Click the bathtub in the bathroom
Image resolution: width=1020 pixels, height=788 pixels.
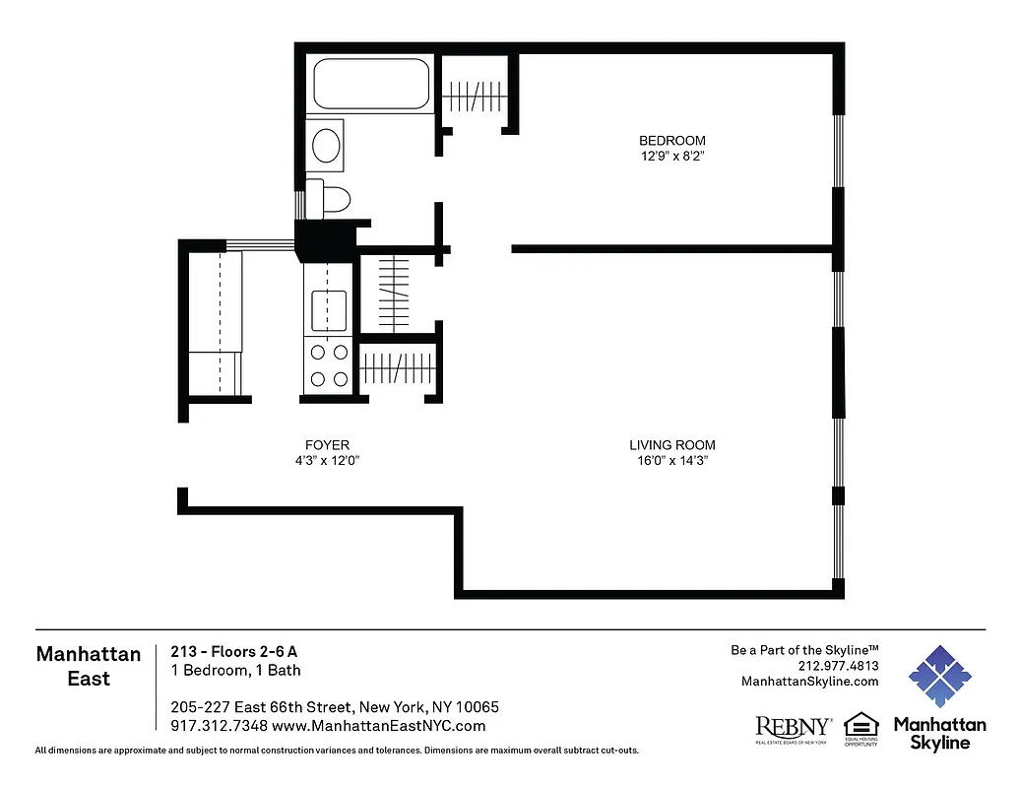point(371,85)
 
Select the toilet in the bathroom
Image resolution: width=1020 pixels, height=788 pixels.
point(330,199)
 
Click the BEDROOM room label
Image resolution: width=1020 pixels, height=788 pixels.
point(671,141)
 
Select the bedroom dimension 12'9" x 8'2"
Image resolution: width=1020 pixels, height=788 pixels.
point(671,156)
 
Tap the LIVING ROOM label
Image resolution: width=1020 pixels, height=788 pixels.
point(672,445)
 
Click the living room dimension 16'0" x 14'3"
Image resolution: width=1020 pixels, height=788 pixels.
point(672,460)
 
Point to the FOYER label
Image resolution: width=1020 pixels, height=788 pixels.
point(328,445)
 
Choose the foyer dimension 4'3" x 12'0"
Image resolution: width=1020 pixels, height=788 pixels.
point(328,460)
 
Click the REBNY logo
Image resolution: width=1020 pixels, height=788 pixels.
point(793,729)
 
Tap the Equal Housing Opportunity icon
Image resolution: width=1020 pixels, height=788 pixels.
point(861,729)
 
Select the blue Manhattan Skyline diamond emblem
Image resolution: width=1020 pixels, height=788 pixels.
point(939,677)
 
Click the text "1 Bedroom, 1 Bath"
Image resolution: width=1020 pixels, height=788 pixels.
point(235,671)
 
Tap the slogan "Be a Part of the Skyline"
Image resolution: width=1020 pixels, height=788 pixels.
point(803,650)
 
